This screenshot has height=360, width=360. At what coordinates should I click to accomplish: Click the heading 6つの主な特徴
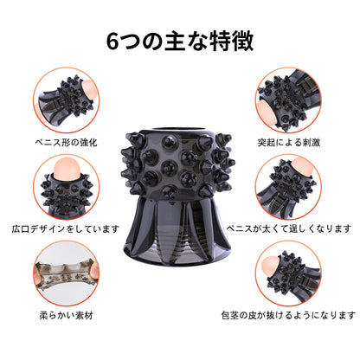[180, 42]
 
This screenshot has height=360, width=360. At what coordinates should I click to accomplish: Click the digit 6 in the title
[112, 42]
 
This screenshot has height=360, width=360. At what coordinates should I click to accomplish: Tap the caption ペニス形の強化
[66, 142]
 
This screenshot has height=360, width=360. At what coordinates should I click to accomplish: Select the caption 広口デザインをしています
[66, 228]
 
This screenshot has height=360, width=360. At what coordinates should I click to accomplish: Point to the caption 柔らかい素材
[66, 315]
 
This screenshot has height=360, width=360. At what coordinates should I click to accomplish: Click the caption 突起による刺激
[289, 142]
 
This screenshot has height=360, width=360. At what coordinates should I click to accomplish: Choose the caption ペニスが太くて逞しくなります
[289, 228]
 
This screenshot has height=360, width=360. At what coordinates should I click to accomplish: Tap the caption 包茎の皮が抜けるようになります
[289, 315]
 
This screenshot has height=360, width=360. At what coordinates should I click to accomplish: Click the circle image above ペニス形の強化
[66, 100]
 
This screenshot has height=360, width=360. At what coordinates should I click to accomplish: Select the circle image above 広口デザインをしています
[66, 187]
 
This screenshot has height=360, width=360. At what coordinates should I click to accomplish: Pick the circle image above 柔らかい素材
[66, 273]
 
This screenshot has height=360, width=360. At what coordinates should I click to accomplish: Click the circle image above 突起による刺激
[289, 100]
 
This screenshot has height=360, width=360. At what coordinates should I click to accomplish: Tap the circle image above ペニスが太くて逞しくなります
[289, 187]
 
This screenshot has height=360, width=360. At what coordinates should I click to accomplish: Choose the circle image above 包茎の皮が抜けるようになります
[289, 273]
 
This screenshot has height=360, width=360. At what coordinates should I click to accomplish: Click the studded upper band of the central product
[177, 164]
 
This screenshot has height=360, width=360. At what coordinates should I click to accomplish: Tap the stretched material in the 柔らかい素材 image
[66, 274]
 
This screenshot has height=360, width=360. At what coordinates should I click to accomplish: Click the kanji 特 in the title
[218, 42]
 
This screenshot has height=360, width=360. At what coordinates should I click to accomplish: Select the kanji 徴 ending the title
[243, 42]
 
